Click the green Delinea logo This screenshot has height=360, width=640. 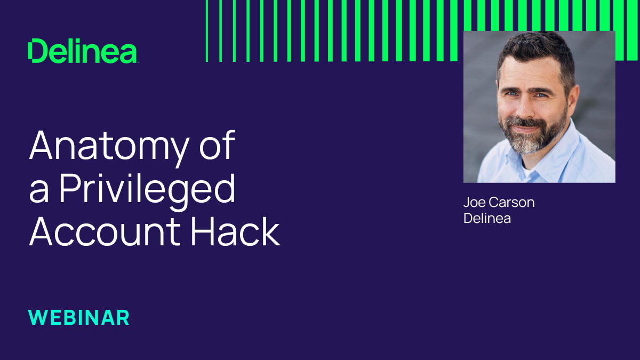83,51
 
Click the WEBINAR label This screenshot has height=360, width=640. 79,317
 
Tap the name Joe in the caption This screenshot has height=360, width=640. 473,203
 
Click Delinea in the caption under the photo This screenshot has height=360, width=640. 487,218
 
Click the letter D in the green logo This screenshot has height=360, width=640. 37,51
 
